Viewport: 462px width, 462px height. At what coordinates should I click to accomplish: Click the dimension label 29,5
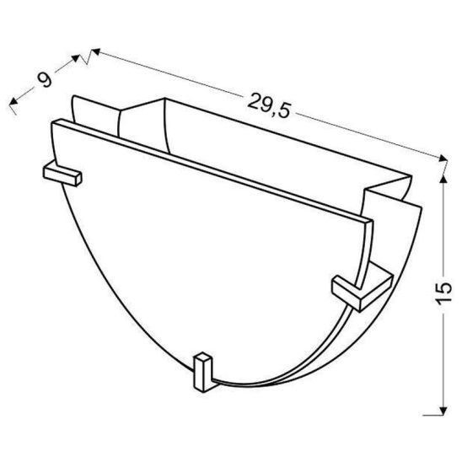click(269, 105)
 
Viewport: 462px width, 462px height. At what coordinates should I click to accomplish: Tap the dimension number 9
click(45, 79)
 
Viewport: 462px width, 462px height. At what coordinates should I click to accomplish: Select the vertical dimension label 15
click(443, 293)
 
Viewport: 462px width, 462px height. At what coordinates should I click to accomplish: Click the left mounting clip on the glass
click(62, 175)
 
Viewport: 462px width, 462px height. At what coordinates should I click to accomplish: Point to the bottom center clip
click(202, 372)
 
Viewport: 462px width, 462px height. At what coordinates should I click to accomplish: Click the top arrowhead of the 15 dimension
click(443, 179)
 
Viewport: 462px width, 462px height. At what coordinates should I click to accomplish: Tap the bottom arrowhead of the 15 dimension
click(443, 411)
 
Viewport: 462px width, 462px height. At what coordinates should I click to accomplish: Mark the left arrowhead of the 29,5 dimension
click(96, 52)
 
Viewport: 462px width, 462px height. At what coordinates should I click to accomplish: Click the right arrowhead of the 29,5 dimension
click(443, 158)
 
